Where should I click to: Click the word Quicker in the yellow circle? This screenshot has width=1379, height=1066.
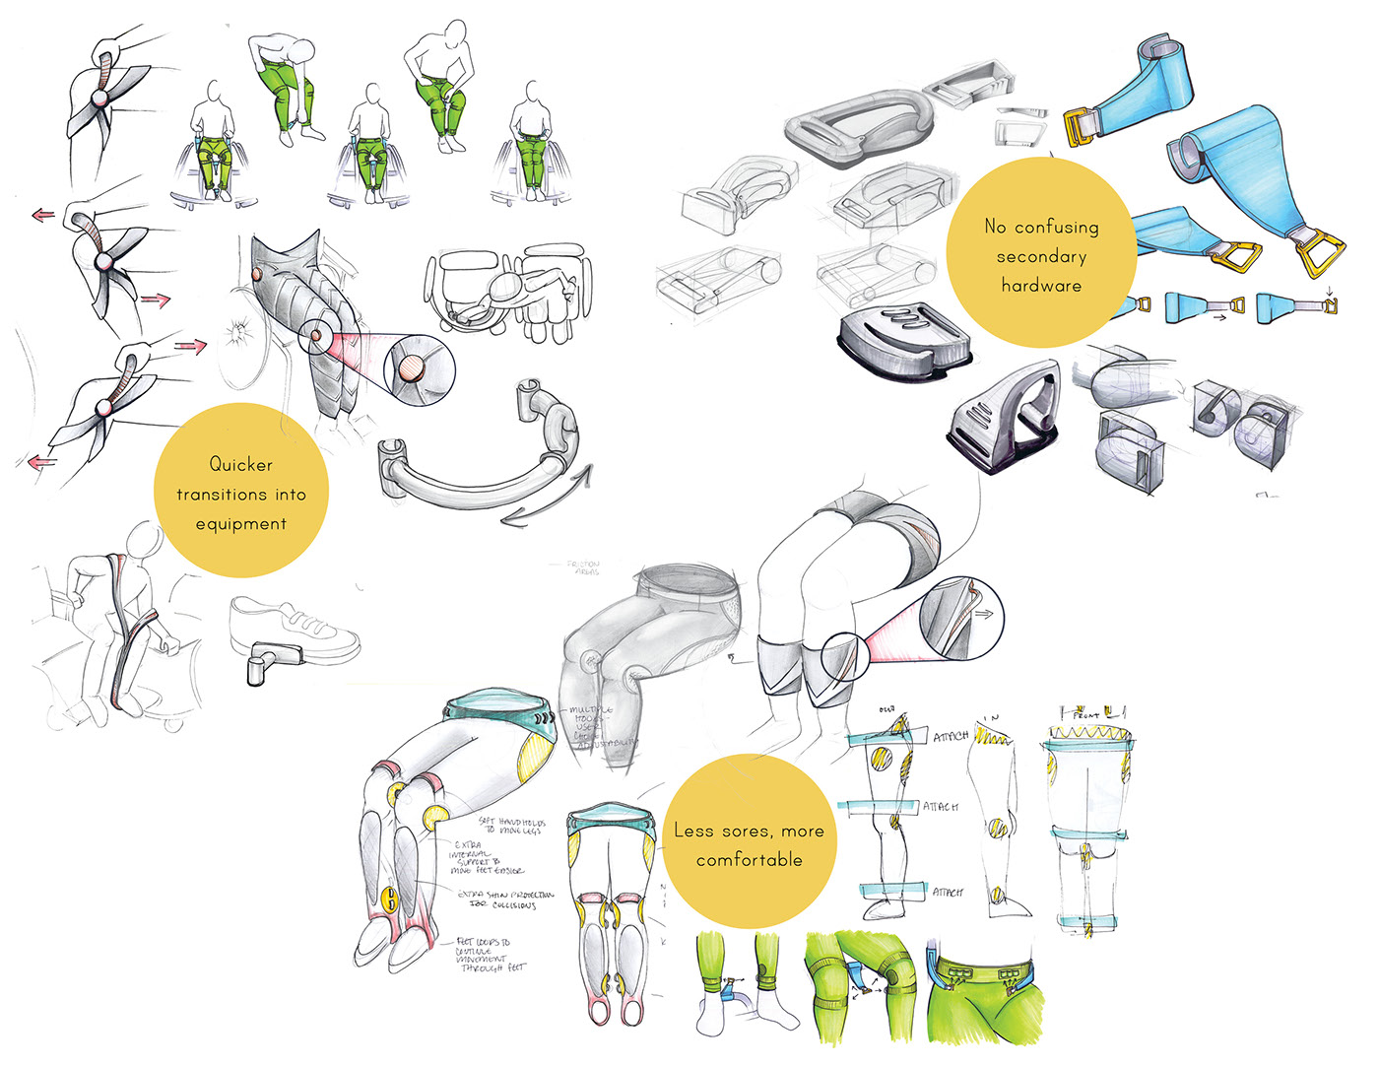240,464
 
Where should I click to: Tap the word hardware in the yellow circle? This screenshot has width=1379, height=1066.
1041,286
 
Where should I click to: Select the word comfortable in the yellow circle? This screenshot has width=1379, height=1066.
749,860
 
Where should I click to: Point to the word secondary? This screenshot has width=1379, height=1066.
1041,256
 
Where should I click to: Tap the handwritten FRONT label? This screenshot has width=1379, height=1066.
1085,714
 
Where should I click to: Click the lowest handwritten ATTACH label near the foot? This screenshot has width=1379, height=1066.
947,893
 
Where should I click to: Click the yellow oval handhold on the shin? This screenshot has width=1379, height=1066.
391,899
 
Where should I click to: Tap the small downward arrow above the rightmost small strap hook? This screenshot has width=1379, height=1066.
1329,291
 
